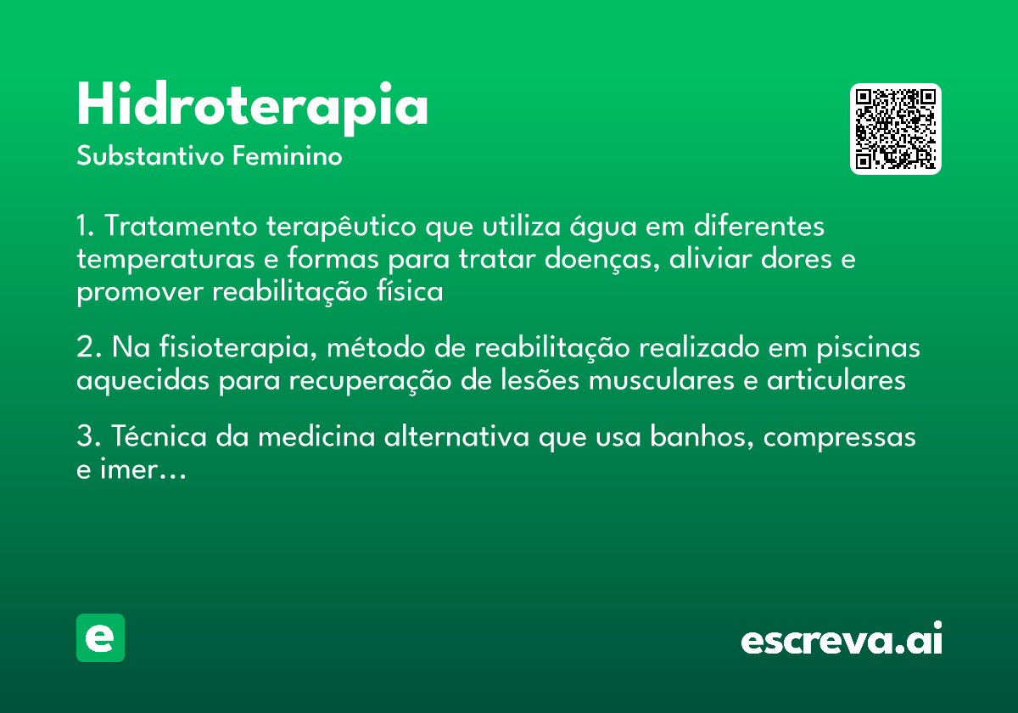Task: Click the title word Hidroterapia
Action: [x=252, y=106]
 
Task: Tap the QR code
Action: [x=896, y=129]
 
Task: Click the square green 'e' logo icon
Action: [x=100, y=637]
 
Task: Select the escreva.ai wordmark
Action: [x=842, y=639]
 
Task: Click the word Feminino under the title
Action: [x=288, y=157]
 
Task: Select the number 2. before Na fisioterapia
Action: [x=88, y=349]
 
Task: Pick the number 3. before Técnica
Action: [x=88, y=437]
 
